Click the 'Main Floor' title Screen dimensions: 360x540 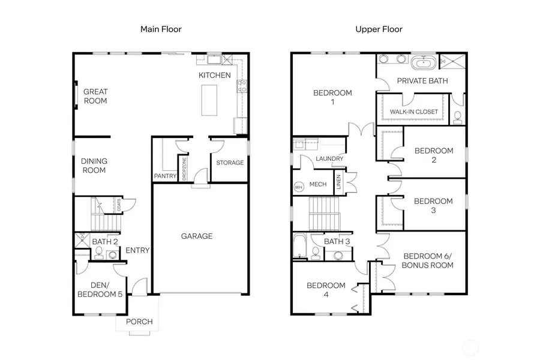[x=161, y=29]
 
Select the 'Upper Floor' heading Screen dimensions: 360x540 [x=379, y=29]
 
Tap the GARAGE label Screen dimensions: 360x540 [x=197, y=236]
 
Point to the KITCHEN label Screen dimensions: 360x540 [x=214, y=76]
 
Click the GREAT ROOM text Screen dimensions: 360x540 [x=95, y=96]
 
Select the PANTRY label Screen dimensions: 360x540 [x=165, y=176]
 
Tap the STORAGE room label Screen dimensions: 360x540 [x=230, y=163]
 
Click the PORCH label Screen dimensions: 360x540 [x=139, y=322]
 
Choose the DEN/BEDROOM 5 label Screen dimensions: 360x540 [x=100, y=290]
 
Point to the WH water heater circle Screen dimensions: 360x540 [x=299, y=187]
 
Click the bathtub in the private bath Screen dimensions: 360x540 [x=424, y=62]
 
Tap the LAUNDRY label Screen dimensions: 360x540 [x=329, y=159]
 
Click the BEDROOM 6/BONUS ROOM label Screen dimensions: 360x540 [x=427, y=260]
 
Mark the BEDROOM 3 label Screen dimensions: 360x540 [x=433, y=206]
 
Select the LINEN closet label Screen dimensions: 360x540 [x=339, y=181]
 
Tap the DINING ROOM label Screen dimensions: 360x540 [x=94, y=166]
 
